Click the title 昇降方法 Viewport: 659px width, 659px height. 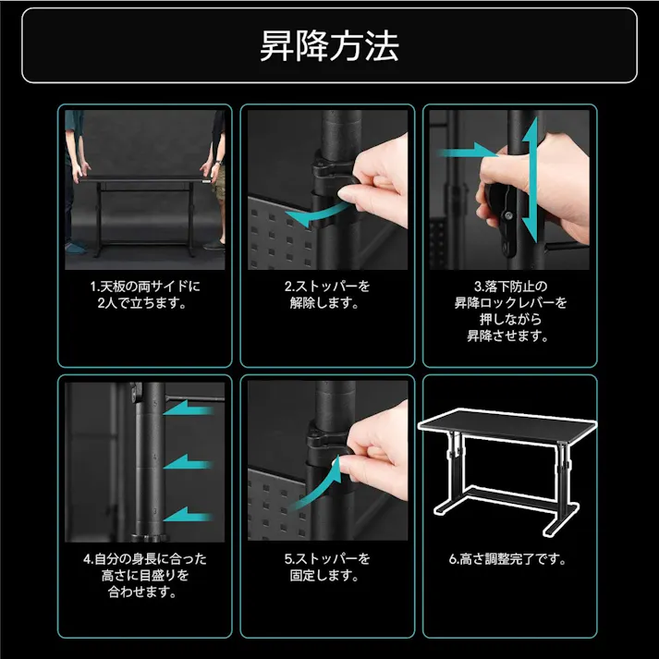click(x=329, y=45)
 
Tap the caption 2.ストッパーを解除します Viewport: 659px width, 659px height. click(x=327, y=295)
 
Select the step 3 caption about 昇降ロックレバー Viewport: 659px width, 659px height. click(x=510, y=311)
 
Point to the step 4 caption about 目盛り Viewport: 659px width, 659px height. click(x=145, y=575)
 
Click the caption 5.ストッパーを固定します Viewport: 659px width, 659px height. click(x=327, y=567)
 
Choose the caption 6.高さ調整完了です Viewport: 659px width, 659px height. click(x=509, y=558)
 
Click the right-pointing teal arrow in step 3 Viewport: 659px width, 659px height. click(x=467, y=151)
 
